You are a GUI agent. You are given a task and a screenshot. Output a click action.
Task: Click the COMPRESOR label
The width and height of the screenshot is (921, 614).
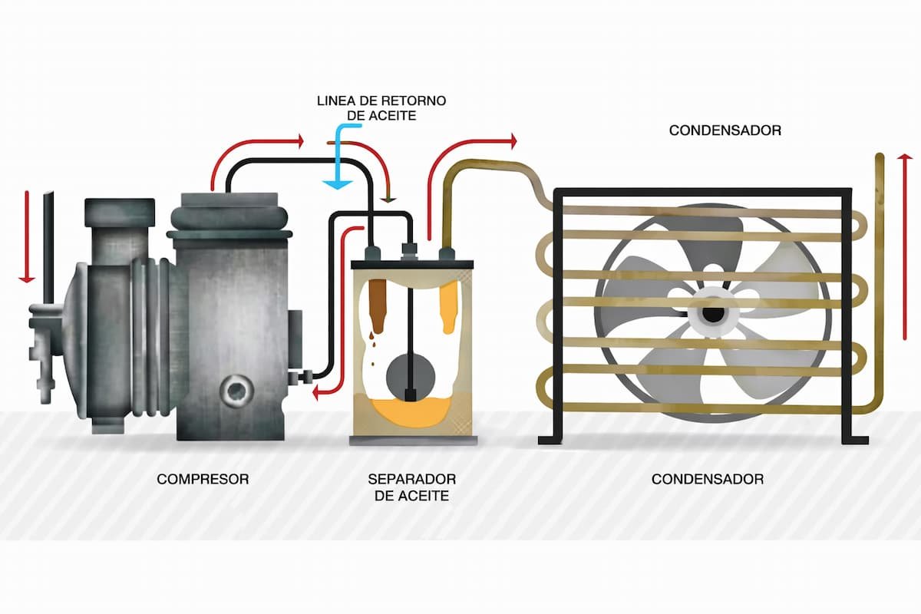pyautogui.click(x=203, y=479)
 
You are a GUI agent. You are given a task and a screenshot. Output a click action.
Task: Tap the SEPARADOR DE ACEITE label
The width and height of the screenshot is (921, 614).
pyautogui.click(x=411, y=487)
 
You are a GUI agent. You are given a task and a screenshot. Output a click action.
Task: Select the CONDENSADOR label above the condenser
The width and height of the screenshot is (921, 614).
pyautogui.click(x=725, y=130)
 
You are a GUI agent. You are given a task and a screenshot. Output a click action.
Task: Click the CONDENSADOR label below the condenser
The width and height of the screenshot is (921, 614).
pyautogui.click(x=707, y=479)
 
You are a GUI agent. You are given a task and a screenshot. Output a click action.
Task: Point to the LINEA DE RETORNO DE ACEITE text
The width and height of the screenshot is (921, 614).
pyautogui.click(x=381, y=108)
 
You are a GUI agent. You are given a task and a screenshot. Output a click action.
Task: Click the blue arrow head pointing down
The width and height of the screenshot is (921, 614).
pyautogui.click(x=337, y=184)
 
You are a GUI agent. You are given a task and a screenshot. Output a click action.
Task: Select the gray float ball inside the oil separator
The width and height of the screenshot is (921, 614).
pyautogui.click(x=411, y=376)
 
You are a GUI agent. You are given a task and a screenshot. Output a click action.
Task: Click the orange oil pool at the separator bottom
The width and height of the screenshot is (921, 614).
pyautogui.click(x=411, y=411)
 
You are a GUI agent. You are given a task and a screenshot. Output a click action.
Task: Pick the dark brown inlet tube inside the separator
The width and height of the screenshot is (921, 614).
pyautogui.click(x=377, y=306)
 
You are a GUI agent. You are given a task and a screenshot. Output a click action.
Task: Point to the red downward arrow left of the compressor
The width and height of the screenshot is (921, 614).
pyautogui.click(x=27, y=237)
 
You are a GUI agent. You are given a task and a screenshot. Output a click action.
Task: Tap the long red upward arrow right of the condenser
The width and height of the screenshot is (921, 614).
pyautogui.click(x=905, y=248)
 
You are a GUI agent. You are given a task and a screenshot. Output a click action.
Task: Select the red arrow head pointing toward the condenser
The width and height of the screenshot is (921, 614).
pyautogui.click(x=513, y=141)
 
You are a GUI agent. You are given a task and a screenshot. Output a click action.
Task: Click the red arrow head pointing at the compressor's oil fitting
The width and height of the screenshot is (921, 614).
pyautogui.click(x=315, y=394)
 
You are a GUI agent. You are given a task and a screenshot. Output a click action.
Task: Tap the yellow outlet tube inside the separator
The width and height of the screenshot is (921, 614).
pyautogui.click(x=448, y=306)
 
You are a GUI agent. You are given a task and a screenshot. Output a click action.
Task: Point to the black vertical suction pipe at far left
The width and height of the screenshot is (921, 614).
pyautogui.click(x=48, y=248)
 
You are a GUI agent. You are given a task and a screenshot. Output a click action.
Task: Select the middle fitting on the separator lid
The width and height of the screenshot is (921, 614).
pyautogui.click(x=409, y=252)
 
